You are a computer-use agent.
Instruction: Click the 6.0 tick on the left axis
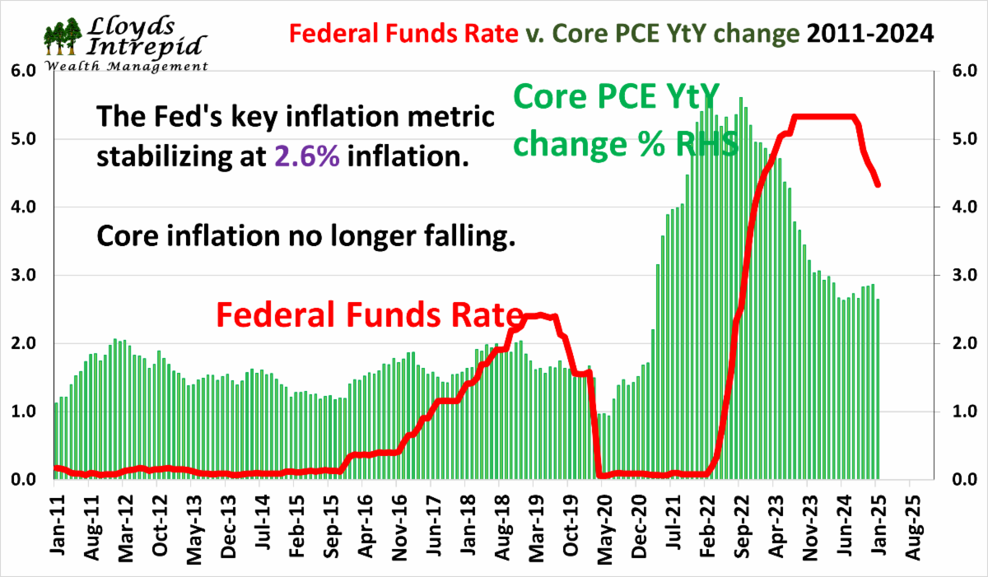[x=23, y=72]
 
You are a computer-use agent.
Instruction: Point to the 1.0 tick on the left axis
[x=23, y=411]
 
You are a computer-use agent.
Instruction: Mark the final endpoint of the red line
[x=878, y=184]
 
